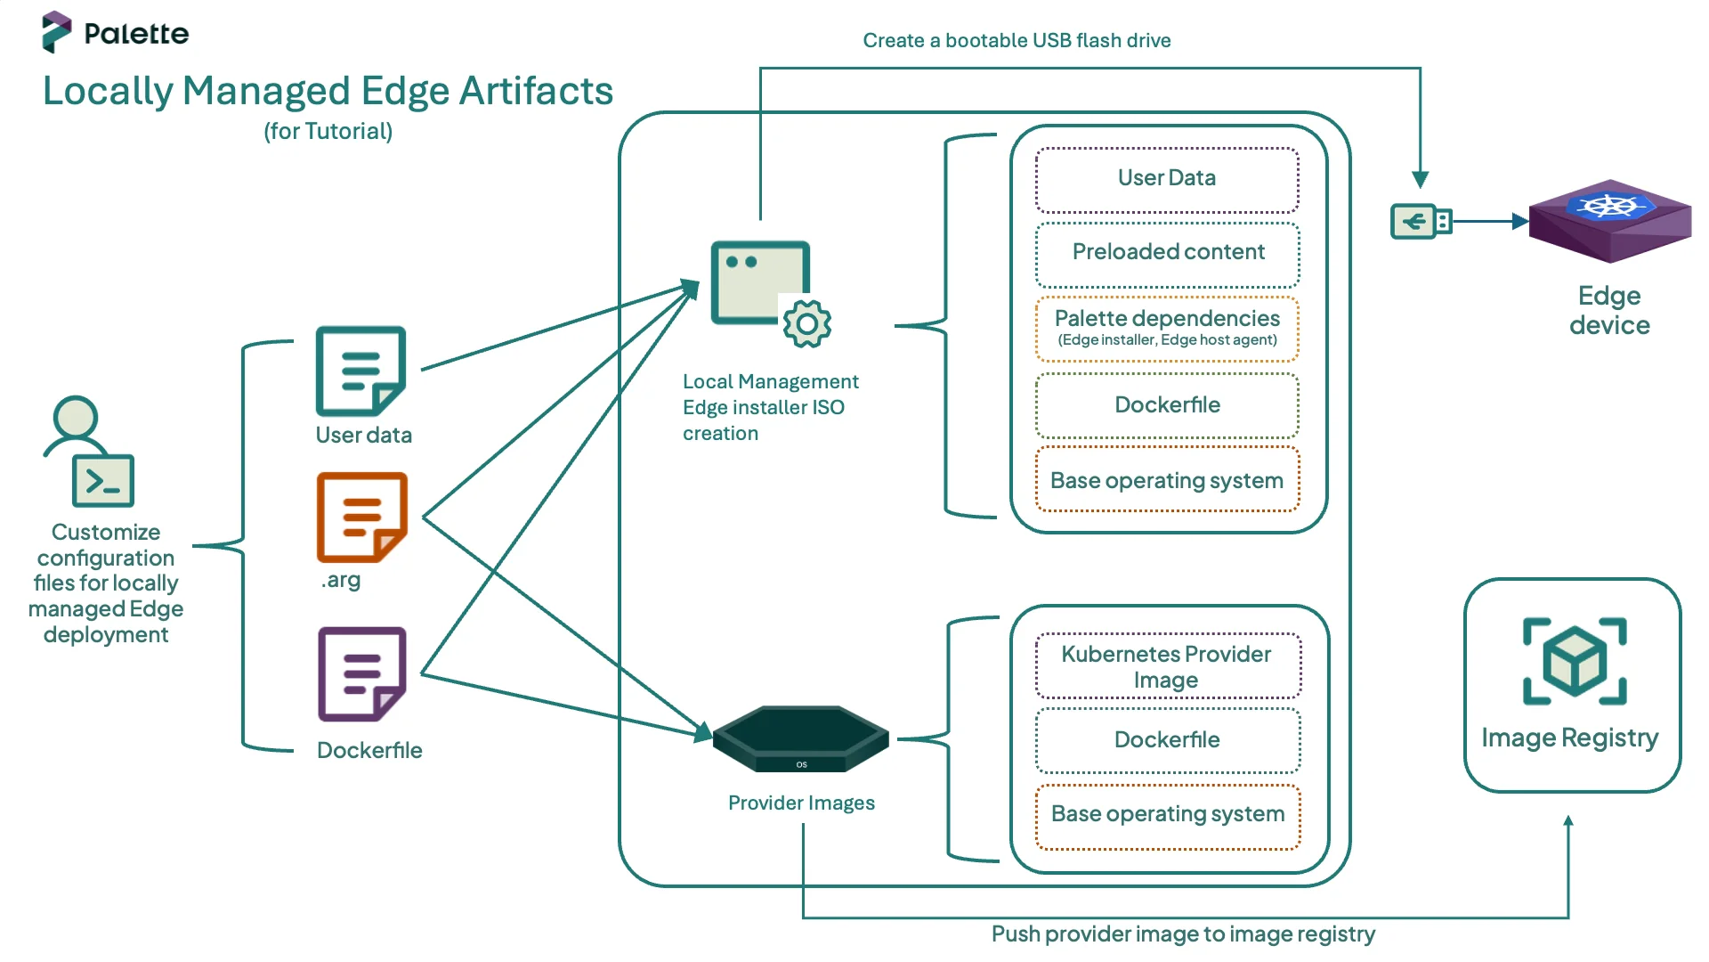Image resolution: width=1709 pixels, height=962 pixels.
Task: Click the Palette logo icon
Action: click(x=56, y=32)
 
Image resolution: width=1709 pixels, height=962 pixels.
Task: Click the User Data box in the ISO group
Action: click(x=1167, y=179)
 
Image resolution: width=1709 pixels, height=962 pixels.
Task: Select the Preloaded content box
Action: click(x=1167, y=253)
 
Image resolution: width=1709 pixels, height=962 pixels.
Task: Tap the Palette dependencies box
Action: click(x=1167, y=328)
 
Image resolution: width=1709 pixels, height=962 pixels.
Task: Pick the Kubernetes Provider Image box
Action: click(x=1167, y=666)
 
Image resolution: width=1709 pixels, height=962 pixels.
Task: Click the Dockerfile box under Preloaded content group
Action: click(x=1167, y=405)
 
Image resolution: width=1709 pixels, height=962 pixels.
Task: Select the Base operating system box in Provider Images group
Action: click(x=1167, y=815)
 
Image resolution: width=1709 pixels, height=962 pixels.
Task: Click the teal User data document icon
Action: click(x=360, y=371)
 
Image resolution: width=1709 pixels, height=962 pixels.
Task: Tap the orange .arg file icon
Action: click(x=361, y=517)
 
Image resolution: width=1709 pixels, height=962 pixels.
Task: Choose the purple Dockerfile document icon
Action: click(x=361, y=674)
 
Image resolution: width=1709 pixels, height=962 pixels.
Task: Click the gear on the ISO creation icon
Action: click(x=806, y=324)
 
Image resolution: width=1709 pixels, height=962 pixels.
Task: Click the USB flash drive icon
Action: click(x=1421, y=221)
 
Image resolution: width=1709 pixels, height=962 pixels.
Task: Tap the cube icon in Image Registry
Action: click(x=1574, y=662)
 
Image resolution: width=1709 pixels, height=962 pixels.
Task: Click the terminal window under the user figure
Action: click(x=103, y=481)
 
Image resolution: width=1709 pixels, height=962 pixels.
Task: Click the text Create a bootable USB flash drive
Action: click(x=1016, y=41)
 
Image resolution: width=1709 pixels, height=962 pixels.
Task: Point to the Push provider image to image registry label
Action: click(x=1182, y=934)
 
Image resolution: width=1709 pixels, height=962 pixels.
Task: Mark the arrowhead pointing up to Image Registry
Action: click(x=1567, y=821)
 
